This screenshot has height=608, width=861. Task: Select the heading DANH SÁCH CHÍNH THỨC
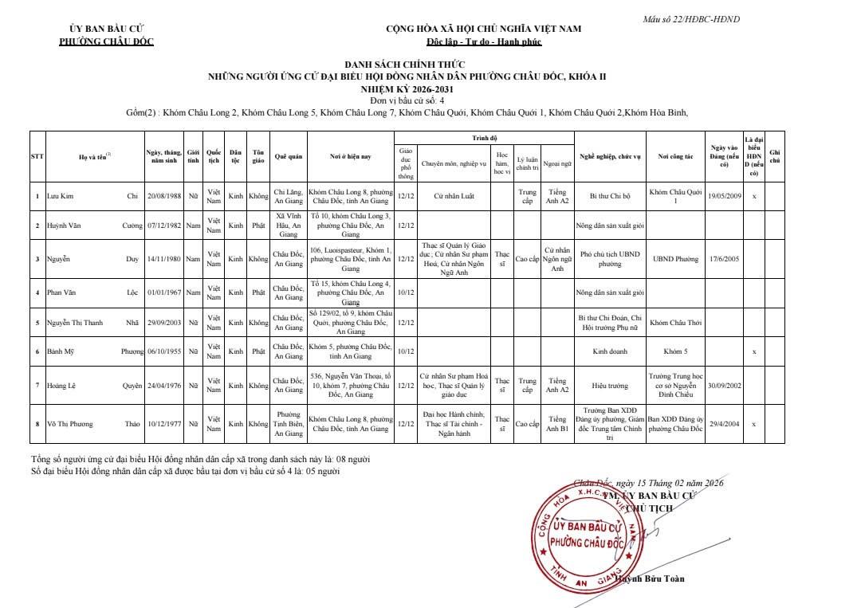(x=404, y=65)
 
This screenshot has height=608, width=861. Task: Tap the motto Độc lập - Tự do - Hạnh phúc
(x=483, y=41)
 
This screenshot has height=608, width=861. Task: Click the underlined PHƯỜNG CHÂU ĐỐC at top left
(x=106, y=41)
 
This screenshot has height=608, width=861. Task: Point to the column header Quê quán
(x=289, y=157)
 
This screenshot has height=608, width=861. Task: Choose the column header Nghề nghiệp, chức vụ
(x=610, y=157)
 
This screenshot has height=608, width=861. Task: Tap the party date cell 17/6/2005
(x=725, y=259)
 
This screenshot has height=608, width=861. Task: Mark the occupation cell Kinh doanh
(x=610, y=351)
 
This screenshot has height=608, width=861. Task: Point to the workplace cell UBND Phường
(x=675, y=259)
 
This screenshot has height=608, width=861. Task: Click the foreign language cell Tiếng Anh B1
(x=556, y=424)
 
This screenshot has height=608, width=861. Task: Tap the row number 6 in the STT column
(x=37, y=351)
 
